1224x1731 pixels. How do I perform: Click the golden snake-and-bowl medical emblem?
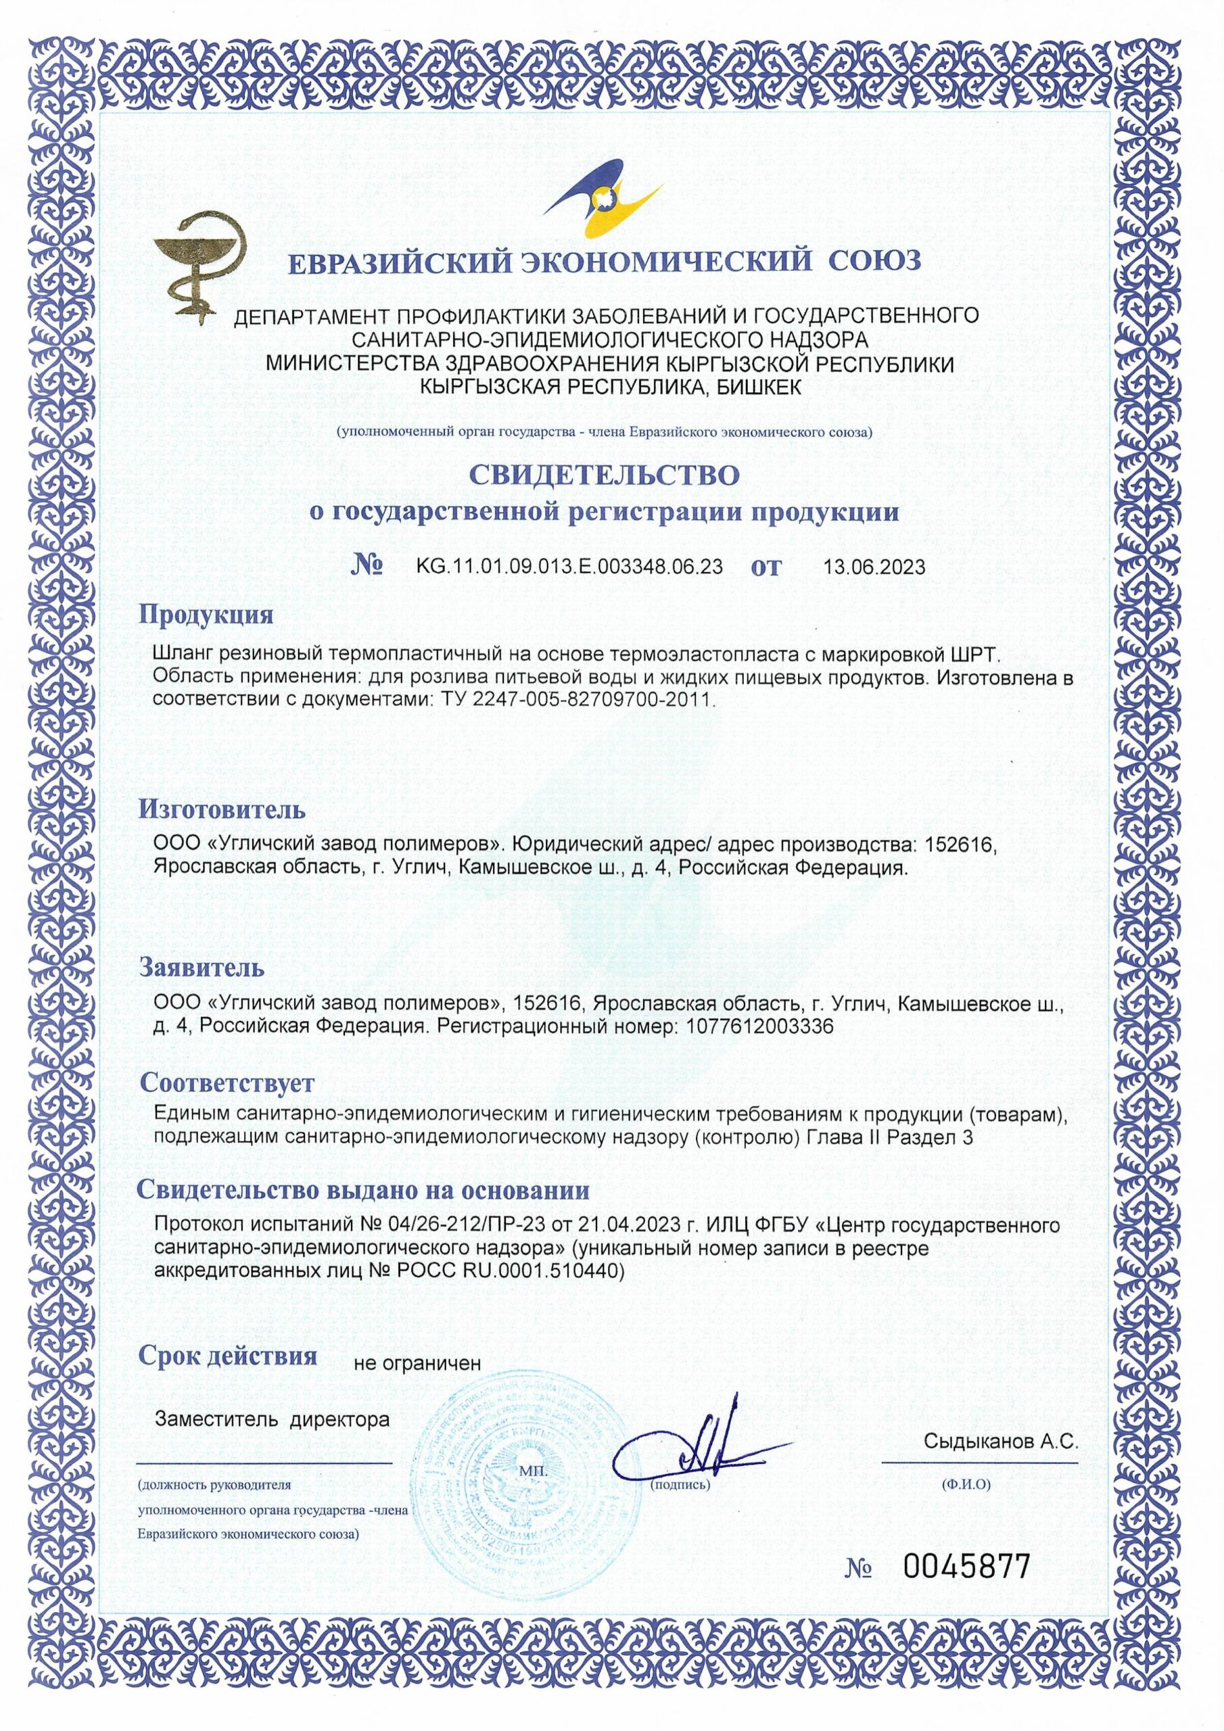point(197,268)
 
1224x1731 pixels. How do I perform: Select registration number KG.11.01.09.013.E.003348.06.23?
point(569,567)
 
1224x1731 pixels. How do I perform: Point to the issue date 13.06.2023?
point(876,567)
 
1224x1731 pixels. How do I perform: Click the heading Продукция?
point(206,615)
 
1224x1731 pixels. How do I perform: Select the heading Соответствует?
point(227,1083)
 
